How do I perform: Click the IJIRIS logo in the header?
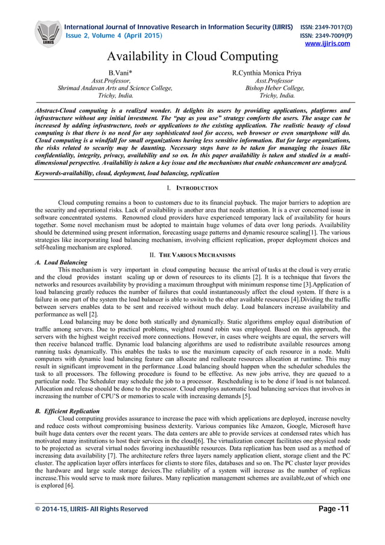point(48,34)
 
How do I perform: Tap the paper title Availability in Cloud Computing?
point(192,57)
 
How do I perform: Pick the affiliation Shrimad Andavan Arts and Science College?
point(115,88)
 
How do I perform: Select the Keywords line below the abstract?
point(127,173)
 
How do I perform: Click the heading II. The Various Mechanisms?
point(192,255)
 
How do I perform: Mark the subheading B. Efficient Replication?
point(68,410)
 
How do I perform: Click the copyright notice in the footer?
point(91,509)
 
